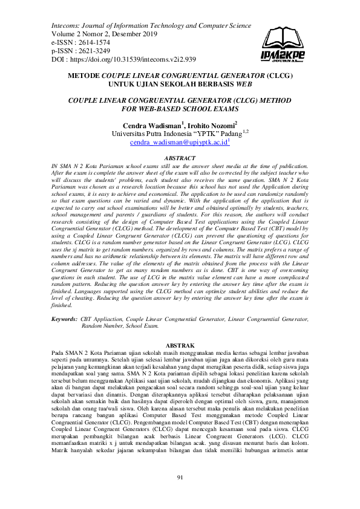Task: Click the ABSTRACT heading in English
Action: coord(180,158)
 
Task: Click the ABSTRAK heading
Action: coord(180,343)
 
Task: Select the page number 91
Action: coord(180,479)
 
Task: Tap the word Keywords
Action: coord(64,318)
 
